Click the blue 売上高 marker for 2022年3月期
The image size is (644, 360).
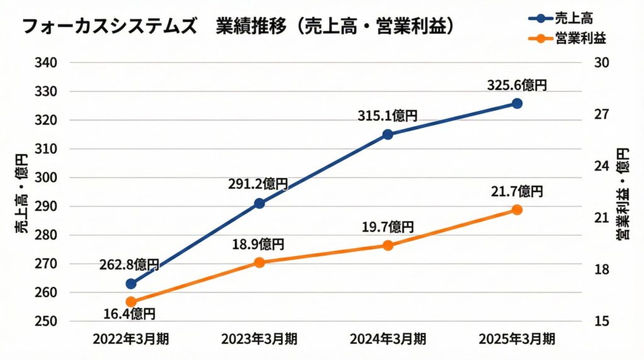tap(131, 284)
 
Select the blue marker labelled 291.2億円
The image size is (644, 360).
tap(259, 203)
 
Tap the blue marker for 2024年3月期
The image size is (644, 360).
tap(388, 134)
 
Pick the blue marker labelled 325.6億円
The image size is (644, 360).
tap(516, 103)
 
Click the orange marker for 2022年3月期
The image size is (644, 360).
tap(131, 302)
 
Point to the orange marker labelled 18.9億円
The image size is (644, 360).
tap(259, 262)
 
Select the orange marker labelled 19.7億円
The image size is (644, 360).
tap(388, 245)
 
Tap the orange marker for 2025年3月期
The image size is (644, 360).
tap(516, 210)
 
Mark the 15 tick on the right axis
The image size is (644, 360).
tap(602, 321)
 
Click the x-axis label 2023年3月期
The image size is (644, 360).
tap(259, 339)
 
